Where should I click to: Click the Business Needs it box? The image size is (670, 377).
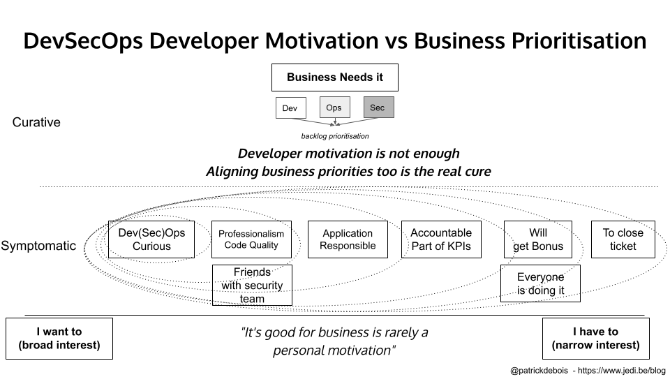tap(335, 77)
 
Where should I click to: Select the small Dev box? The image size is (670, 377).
tap(290, 108)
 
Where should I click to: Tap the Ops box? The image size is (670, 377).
tap(334, 108)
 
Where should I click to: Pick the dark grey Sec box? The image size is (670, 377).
tap(378, 108)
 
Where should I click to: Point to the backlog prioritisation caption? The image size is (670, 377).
tap(335, 136)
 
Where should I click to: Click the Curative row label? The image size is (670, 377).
tap(36, 123)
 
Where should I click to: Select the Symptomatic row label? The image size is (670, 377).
tap(38, 246)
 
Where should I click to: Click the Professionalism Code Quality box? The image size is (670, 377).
tap(251, 239)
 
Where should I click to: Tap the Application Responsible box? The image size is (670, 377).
tap(348, 239)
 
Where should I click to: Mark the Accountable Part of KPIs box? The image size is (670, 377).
tap(441, 239)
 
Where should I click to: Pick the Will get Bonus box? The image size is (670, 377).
tap(537, 239)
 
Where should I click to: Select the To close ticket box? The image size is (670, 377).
tap(623, 239)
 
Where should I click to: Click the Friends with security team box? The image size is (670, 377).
tap(252, 285)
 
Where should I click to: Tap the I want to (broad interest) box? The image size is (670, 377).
tap(59, 339)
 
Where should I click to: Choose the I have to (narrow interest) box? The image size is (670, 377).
tap(595, 339)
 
